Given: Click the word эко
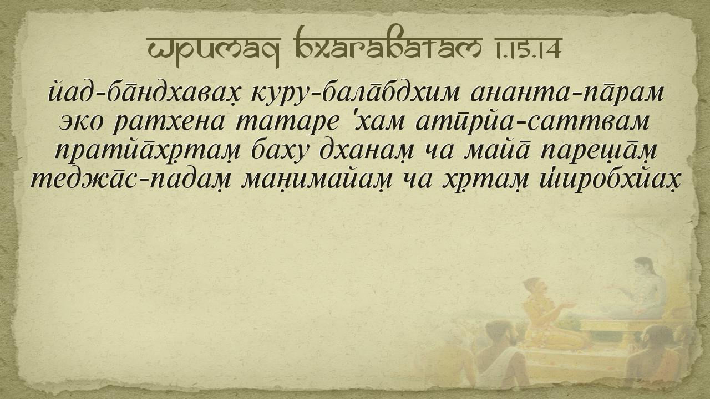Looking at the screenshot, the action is (81, 123).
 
